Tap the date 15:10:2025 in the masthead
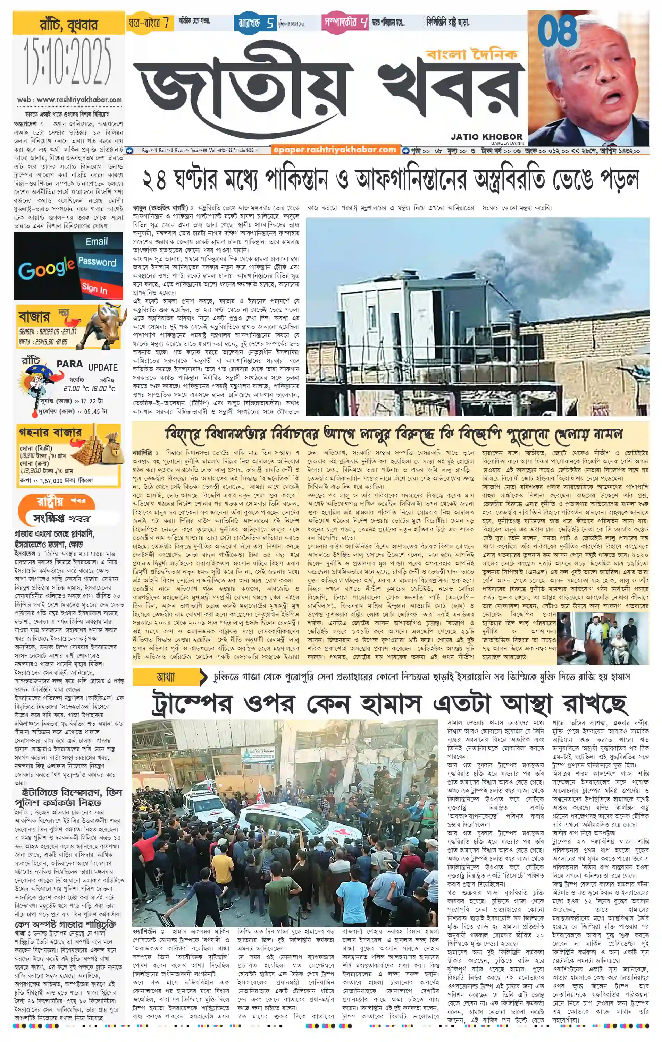tap(68, 62)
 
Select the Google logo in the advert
tap(46, 268)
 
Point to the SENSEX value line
tap(48, 332)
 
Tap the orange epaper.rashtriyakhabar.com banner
tap(335, 150)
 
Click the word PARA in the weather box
tap(70, 364)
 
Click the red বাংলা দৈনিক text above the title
tap(471, 54)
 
